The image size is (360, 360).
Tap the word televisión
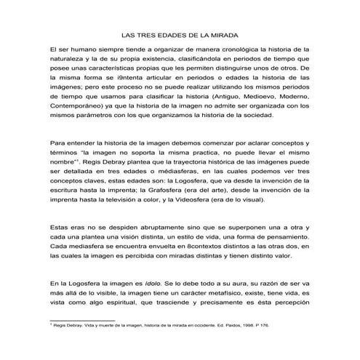tap(126, 200)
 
